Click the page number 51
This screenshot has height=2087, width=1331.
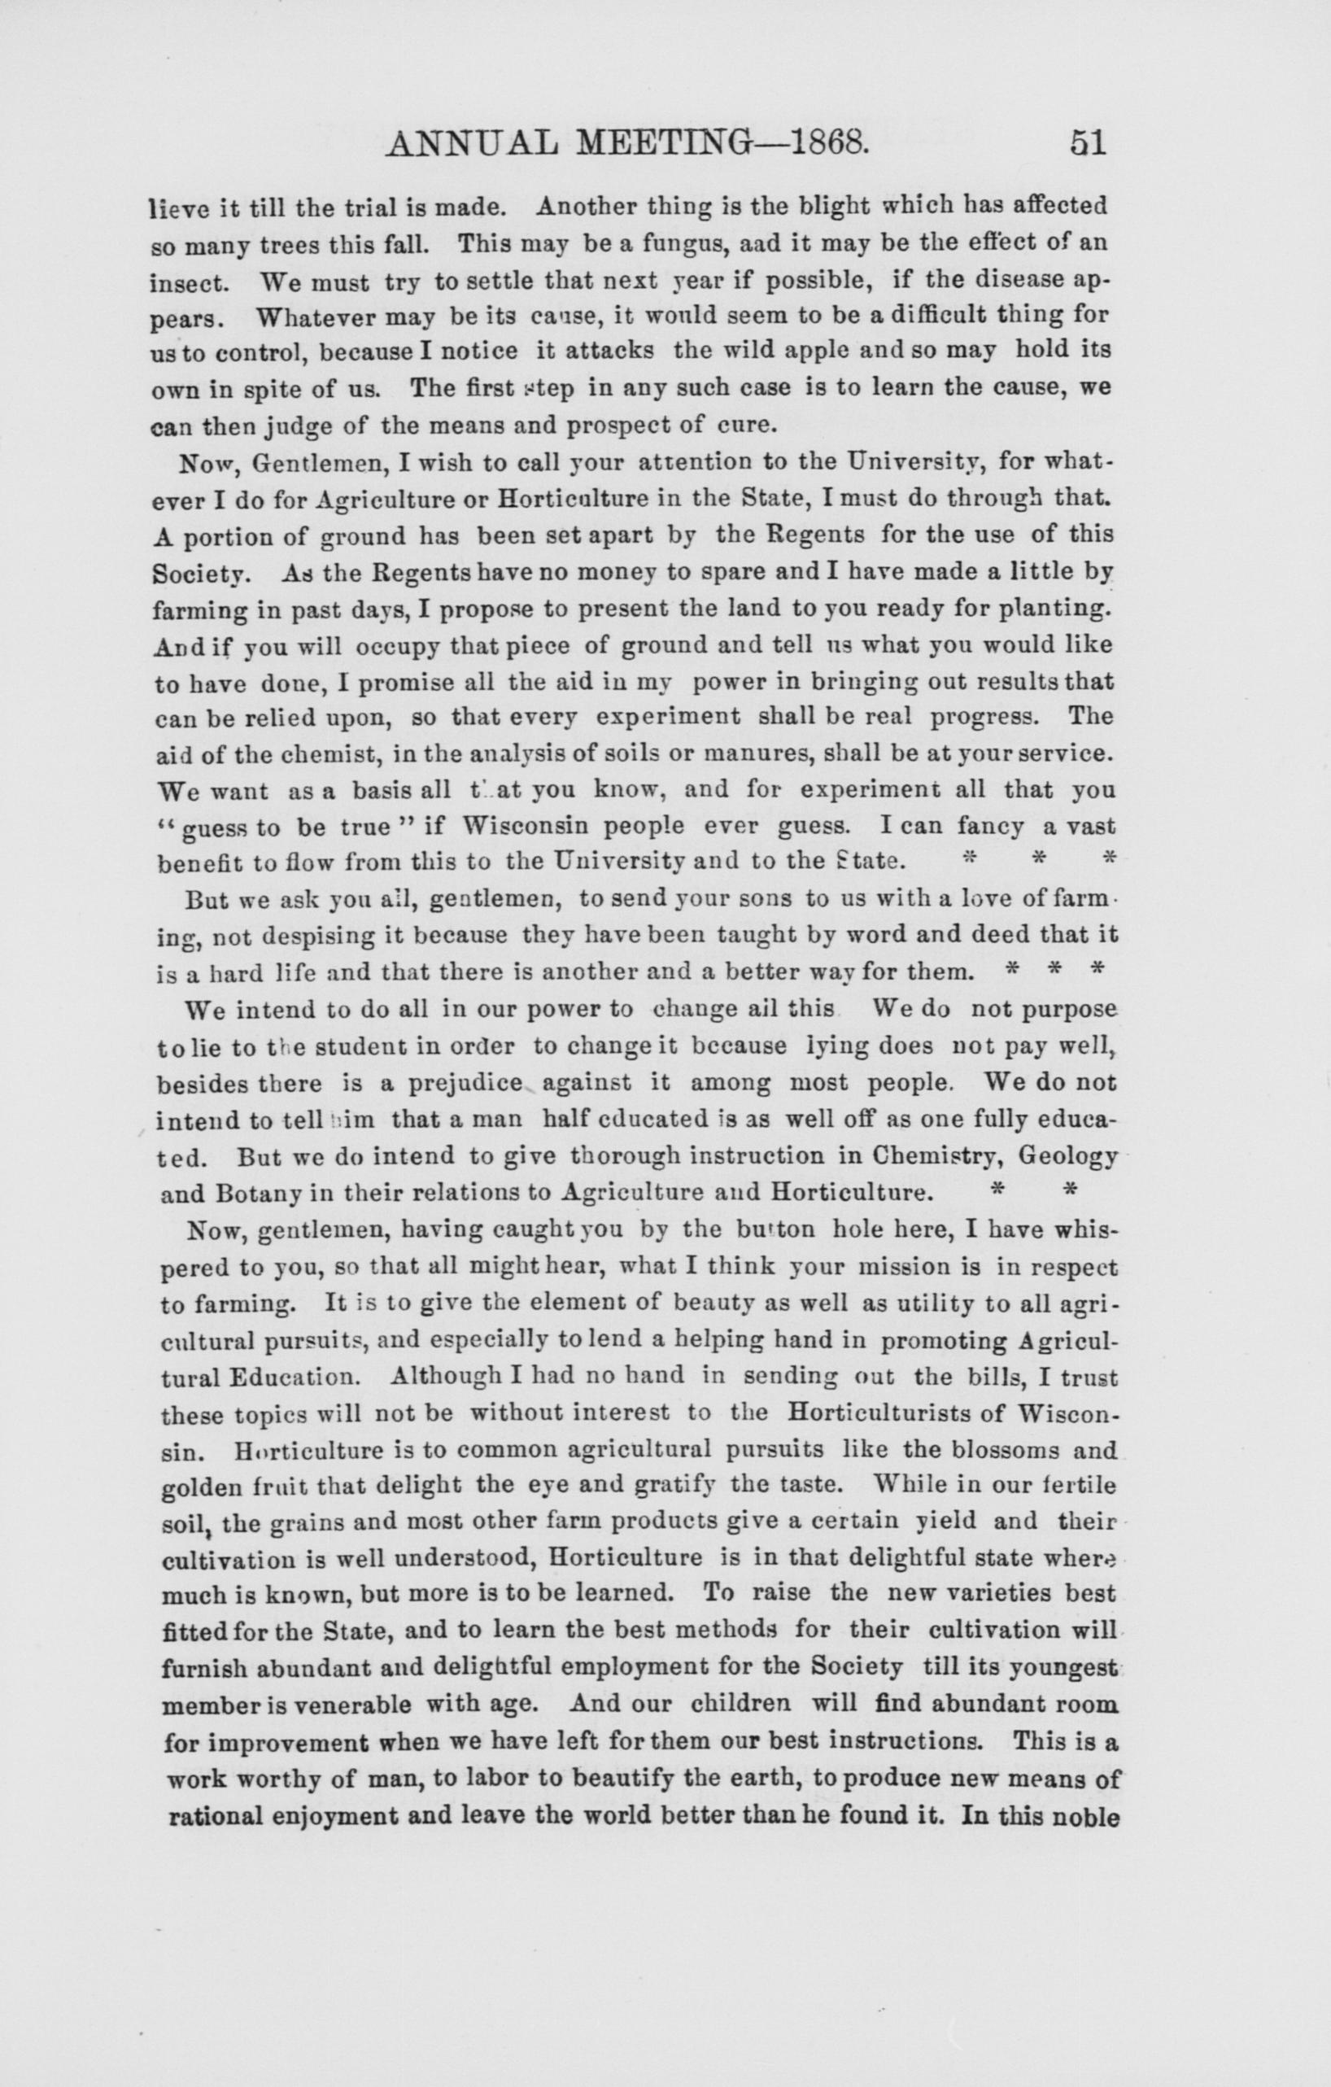pos(1088,142)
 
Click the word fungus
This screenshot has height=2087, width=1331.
pos(675,243)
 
